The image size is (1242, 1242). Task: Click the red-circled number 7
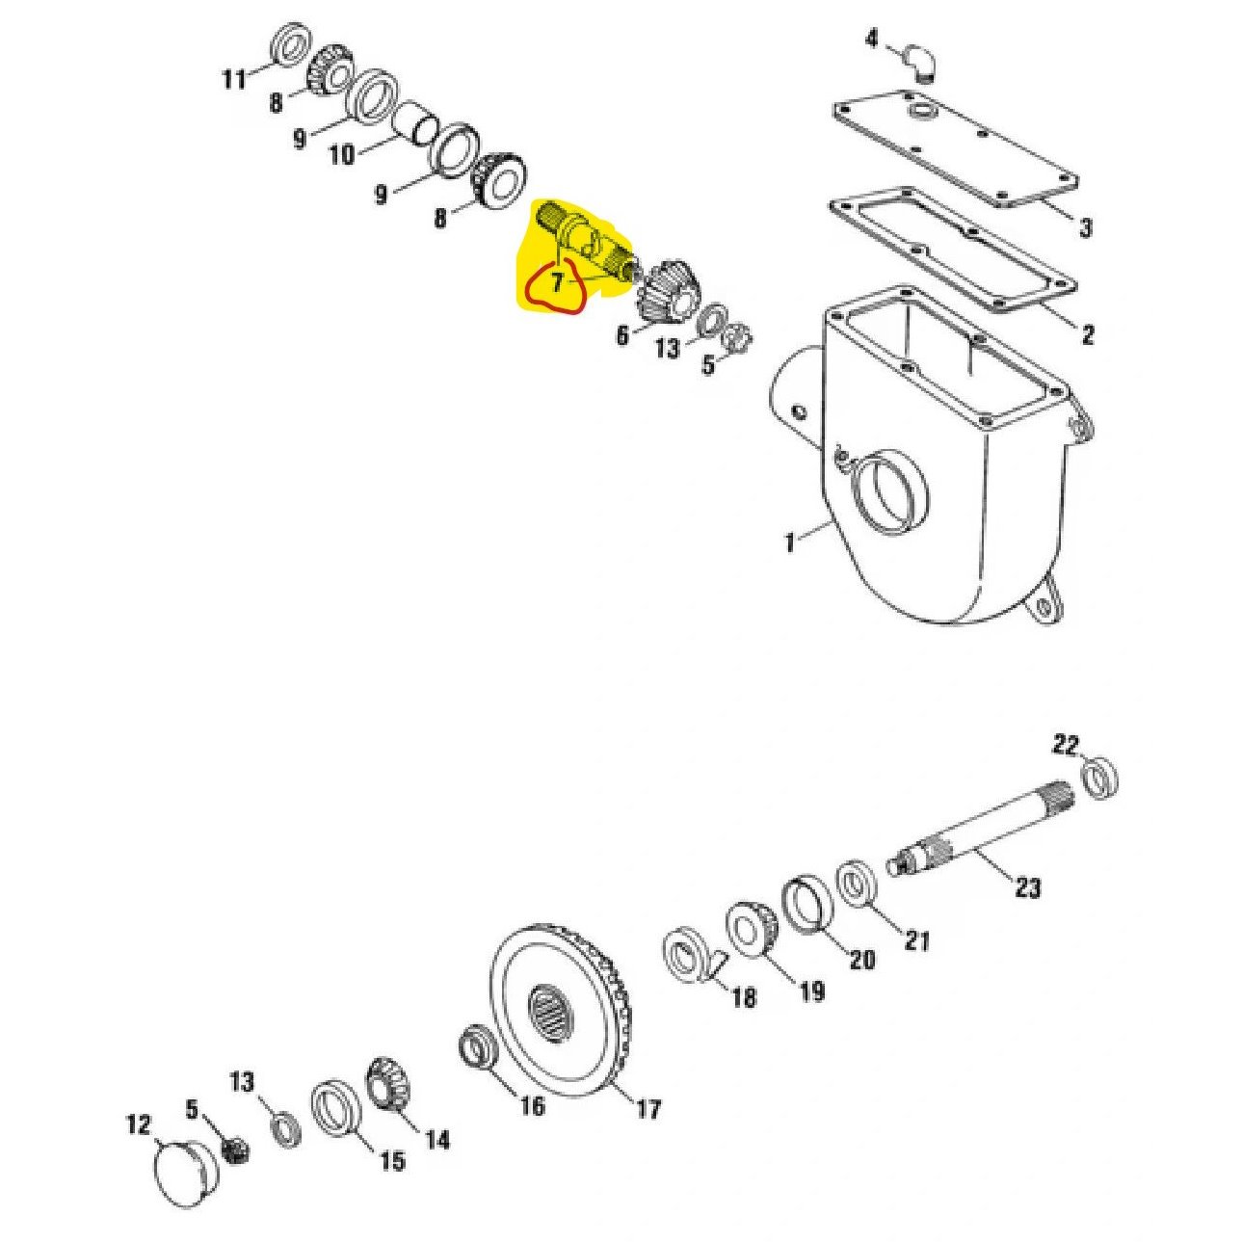click(557, 283)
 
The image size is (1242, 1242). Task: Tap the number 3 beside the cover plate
click(1085, 227)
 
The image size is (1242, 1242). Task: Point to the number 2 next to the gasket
click(1087, 334)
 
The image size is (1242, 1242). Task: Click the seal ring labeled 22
click(1100, 777)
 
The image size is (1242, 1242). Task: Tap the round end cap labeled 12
click(184, 1173)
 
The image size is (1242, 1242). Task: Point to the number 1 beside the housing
click(790, 542)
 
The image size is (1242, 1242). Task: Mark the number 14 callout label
click(436, 1140)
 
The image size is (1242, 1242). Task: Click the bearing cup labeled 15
click(334, 1110)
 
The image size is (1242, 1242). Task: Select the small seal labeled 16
click(475, 1048)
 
